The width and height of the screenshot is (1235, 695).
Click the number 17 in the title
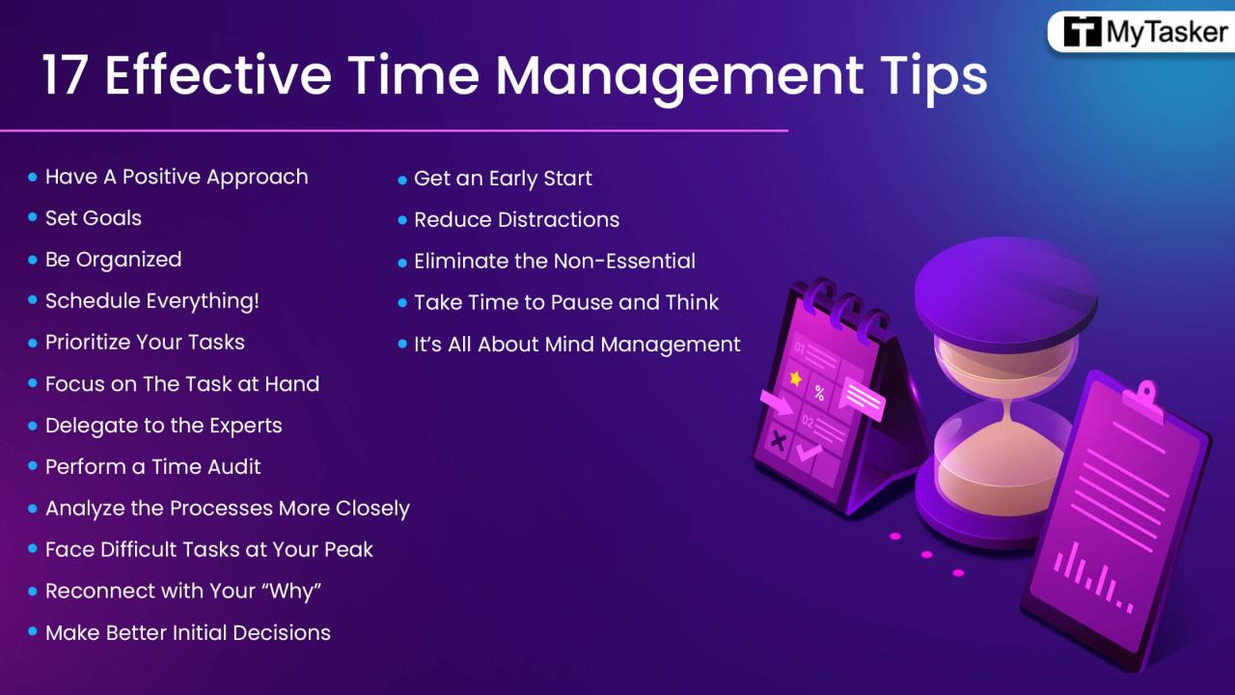tap(66, 75)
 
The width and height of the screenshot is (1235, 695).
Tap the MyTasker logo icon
tap(1082, 33)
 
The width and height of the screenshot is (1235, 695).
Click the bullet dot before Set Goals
tap(33, 219)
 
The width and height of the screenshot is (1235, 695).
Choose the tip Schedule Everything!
tap(151, 301)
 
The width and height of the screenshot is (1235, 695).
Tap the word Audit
tap(234, 467)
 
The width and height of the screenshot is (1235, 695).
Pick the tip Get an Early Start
tap(502, 179)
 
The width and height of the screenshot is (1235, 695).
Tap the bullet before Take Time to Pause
tap(402, 303)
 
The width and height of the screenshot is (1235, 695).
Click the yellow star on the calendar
tap(795, 379)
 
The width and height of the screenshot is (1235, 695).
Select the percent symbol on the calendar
tap(819, 393)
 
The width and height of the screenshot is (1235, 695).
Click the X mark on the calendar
tap(775, 441)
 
